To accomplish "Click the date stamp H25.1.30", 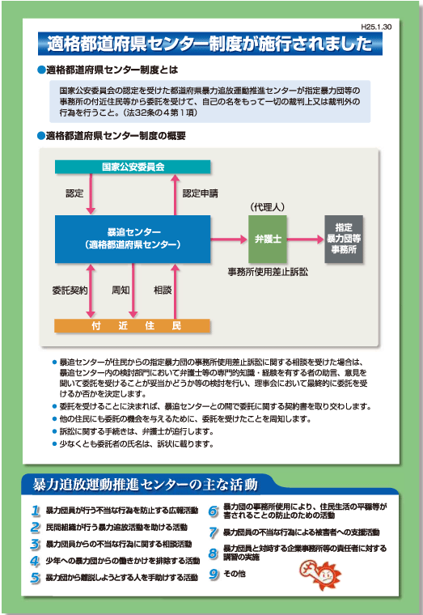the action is [376, 27].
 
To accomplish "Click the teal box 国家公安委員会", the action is [133, 167].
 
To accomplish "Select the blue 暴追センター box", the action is [133, 239].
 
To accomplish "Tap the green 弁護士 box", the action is [268, 239].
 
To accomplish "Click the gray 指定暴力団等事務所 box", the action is [344, 239].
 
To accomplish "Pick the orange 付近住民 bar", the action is [133, 325].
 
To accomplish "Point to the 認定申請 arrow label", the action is [201, 193].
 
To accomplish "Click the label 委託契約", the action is [70, 291].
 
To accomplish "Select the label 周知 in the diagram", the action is [121, 291].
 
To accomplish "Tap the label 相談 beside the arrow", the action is [163, 291].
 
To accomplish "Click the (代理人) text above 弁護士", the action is [268, 206].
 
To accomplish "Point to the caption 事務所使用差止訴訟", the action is [268, 272].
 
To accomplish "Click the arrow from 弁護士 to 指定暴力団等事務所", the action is [306, 239].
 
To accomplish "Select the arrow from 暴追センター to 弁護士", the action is [230, 239].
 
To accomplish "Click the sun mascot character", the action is [320, 575].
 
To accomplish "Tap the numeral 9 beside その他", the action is [214, 574].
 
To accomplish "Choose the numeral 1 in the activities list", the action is [36, 511].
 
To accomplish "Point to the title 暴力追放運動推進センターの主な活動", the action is [145, 485].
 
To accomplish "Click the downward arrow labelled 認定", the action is [91, 193].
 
